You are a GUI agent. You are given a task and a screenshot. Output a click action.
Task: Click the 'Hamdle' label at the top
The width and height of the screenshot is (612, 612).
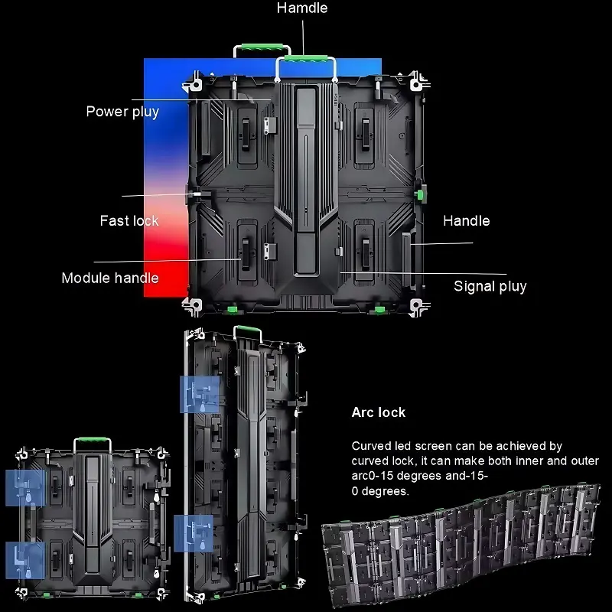[x=302, y=8]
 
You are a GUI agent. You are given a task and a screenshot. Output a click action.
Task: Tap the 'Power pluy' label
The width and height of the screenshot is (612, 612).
[x=122, y=112]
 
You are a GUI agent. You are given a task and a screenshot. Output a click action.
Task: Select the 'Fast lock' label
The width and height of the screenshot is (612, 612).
[x=129, y=221]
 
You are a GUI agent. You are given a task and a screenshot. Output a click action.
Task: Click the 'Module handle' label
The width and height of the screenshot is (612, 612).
[x=110, y=278]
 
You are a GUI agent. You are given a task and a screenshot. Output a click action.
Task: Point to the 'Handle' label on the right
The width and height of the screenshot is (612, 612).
[x=466, y=221]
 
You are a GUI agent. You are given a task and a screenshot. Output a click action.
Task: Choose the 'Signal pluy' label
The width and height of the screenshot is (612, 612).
[x=490, y=287]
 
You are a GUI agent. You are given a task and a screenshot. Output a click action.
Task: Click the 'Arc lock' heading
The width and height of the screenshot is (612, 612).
[x=379, y=412]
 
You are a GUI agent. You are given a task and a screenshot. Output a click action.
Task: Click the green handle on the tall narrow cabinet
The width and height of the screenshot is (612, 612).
[x=245, y=331]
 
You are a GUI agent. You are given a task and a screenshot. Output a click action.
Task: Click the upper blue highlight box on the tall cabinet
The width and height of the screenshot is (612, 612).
[x=199, y=395]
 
